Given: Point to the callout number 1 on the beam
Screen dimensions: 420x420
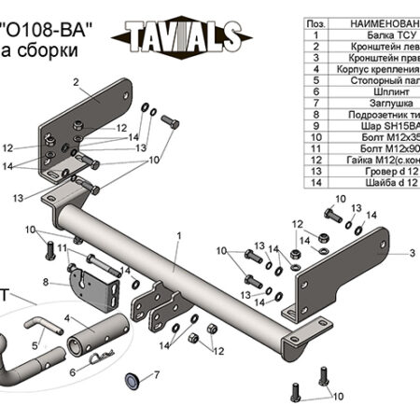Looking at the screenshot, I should [176, 238].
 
